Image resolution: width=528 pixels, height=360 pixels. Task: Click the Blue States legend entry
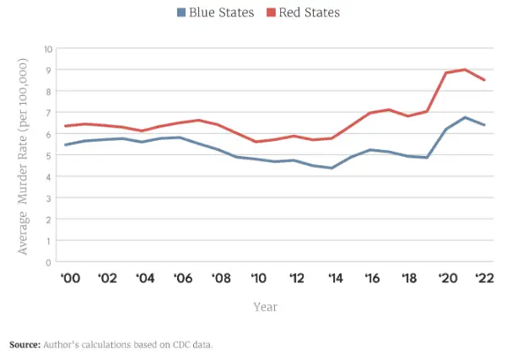pos(215,13)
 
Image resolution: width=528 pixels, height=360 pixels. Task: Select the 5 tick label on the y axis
pos(48,155)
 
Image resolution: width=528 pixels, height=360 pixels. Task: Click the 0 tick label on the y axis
pos(48,261)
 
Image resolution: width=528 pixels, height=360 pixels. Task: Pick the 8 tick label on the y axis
pos(48,91)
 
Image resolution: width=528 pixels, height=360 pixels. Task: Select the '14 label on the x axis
pos(333,278)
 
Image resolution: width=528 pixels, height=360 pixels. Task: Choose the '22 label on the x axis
pos(484,278)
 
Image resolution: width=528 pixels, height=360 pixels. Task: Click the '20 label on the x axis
pos(446,278)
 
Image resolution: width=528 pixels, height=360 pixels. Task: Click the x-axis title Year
pos(266,307)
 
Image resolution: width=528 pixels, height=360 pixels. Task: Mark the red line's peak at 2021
pos(465,70)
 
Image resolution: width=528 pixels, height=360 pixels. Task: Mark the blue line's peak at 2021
pos(465,117)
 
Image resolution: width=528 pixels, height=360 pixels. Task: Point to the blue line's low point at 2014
pos(332,168)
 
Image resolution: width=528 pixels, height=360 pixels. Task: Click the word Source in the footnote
pos(24,346)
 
